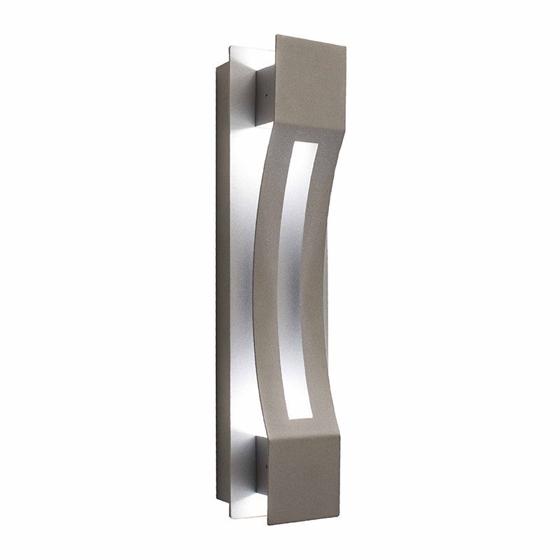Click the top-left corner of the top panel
(x=277, y=35)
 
